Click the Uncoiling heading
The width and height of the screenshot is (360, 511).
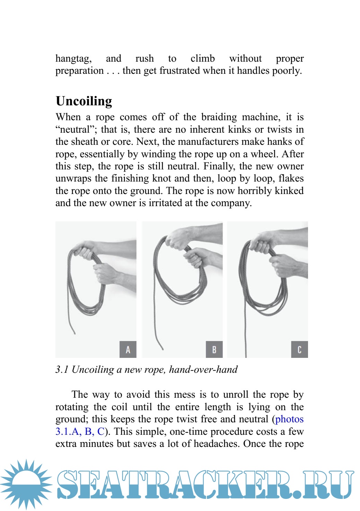coord(84,101)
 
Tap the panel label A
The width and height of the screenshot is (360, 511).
coord(128,349)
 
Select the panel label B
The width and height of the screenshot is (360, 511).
coord(214,349)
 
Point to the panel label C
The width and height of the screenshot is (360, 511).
coord(299,349)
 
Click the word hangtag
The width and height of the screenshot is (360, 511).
coord(73,59)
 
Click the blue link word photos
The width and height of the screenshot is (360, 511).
coord(289,419)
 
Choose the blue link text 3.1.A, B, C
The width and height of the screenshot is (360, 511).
coord(80,432)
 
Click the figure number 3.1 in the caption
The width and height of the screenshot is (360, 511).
coord(62,370)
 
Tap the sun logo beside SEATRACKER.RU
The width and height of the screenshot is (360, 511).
coord(26,484)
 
